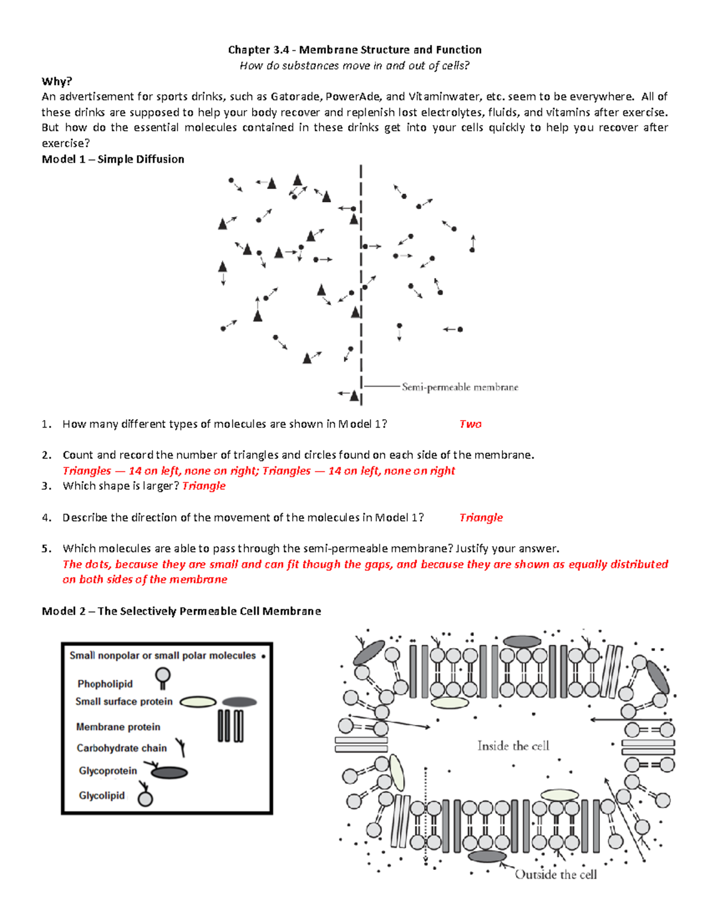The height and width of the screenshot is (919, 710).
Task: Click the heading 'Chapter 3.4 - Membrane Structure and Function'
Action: (x=354, y=50)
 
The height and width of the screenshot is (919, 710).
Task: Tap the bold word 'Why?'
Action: (x=57, y=81)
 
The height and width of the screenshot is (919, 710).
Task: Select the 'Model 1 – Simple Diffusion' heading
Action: (x=113, y=159)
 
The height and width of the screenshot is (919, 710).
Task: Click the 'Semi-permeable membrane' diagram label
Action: (x=460, y=387)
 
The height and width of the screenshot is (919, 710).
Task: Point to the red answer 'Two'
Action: (x=470, y=424)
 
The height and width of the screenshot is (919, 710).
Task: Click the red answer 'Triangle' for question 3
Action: (x=204, y=486)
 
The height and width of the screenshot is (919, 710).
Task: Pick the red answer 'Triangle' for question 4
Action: (x=480, y=517)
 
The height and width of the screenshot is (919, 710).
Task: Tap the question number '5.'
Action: (x=47, y=549)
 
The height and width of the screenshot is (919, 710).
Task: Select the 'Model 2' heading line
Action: (x=181, y=611)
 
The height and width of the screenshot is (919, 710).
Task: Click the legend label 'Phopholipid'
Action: (x=105, y=683)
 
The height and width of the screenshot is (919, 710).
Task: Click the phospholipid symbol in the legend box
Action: (x=163, y=677)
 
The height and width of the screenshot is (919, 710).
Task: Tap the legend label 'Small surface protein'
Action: (x=124, y=701)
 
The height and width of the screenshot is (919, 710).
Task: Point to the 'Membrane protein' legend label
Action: (x=118, y=727)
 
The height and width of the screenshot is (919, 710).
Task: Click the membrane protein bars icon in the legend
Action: (x=230, y=725)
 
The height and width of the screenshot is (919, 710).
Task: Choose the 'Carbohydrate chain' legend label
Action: (x=121, y=748)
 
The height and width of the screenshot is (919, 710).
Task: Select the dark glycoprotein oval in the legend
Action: (x=169, y=772)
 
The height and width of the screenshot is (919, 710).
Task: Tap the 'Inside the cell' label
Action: (x=513, y=746)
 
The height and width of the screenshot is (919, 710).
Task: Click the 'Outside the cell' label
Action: (x=556, y=875)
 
